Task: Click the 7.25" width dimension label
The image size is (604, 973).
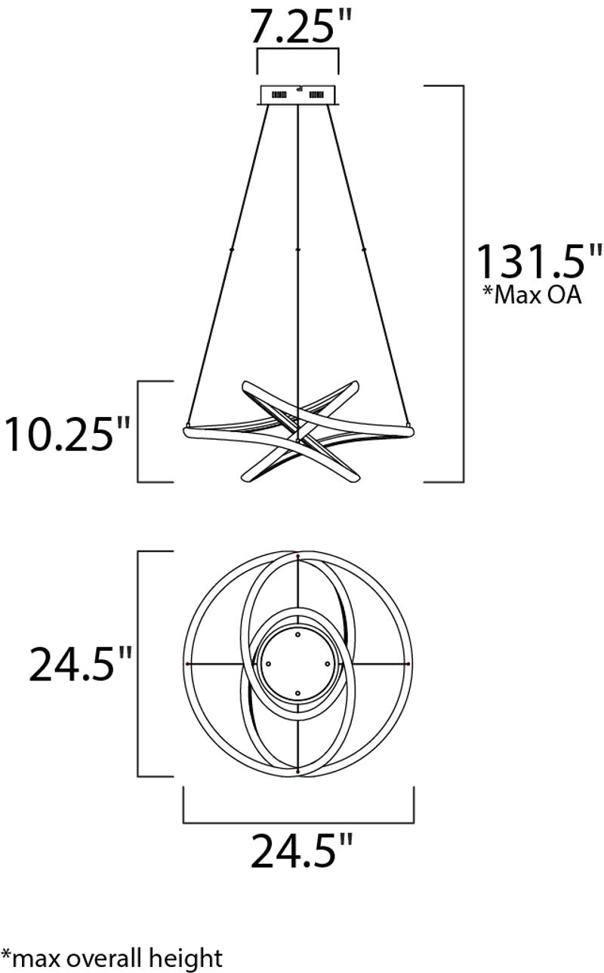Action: click(x=300, y=27)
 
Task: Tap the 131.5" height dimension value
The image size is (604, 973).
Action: click(x=539, y=262)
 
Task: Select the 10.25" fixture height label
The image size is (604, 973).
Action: click(x=67, y=434)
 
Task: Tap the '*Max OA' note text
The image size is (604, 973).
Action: click(x=532, y=296)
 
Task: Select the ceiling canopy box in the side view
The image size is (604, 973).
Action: click(x=298, y=95)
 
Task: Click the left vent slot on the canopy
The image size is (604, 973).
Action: click(x=279, y=95)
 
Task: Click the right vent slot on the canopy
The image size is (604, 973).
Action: click(x=316, y=94)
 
